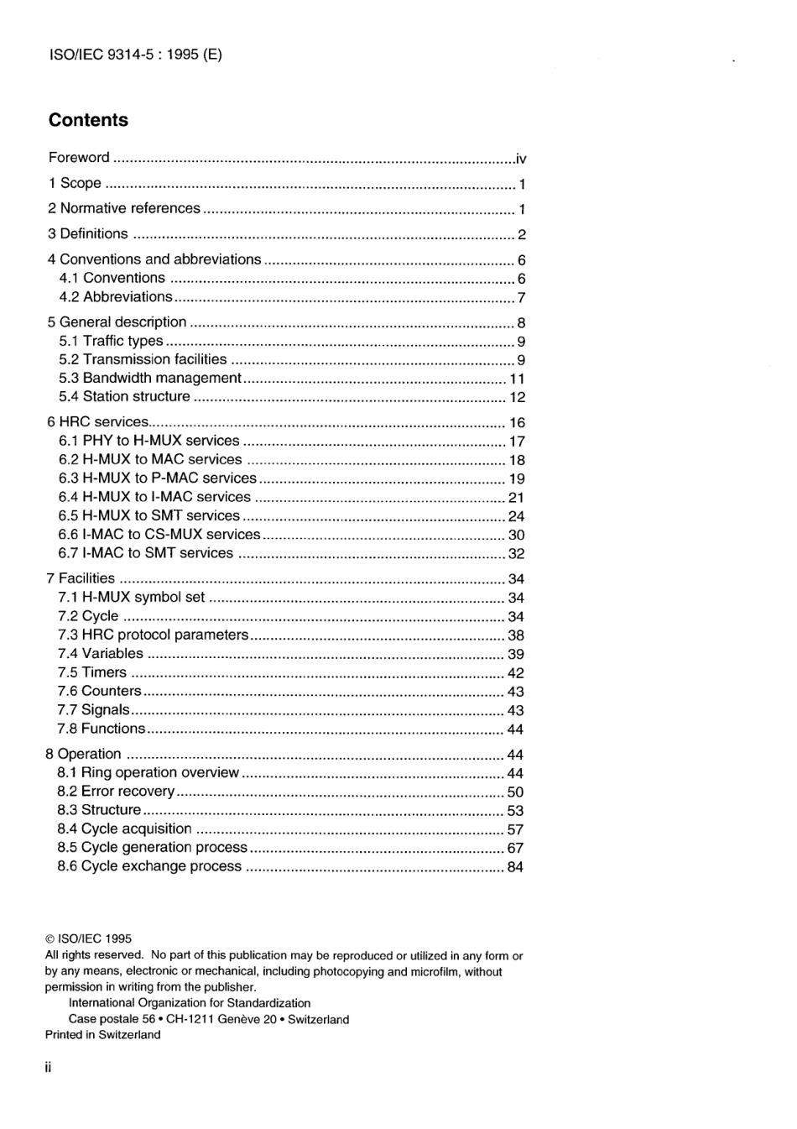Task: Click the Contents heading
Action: pos(88,120)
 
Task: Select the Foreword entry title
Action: pos(79,158)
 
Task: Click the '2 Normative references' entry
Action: pos(124,208)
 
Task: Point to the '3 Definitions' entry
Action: pos(88,234)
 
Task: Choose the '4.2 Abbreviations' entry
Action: pos(116,297)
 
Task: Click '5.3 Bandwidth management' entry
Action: pos(150,378)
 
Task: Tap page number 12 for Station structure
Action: pos(517,397)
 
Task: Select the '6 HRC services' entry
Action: pos(98,422)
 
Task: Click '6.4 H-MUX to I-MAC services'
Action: pos(154,497)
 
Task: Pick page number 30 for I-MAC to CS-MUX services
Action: pos(516,535)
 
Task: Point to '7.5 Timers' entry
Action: pos(92,672)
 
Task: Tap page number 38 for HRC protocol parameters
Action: pos(515,635)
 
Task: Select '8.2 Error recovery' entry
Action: pos(116,792)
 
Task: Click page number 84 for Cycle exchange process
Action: pos(515,866)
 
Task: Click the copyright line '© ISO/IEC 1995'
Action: pos(88,939)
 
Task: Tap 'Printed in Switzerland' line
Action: pos(102,1035)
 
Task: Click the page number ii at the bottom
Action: pos(49,1068)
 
